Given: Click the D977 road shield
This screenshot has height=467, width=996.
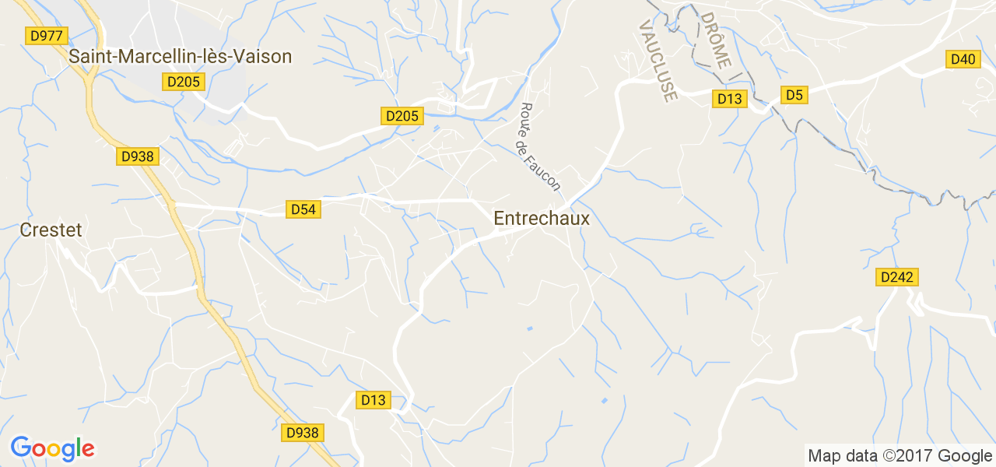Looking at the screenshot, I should (47, 36).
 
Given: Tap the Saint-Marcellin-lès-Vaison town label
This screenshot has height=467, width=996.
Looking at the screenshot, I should (180, 56).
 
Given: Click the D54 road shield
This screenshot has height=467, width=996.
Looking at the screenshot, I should (303, 209).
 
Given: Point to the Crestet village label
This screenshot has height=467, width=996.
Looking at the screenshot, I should (51, 230).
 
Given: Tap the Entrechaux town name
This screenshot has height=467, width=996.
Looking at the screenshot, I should (542, 219).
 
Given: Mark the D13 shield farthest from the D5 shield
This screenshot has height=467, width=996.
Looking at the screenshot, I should (373, 400).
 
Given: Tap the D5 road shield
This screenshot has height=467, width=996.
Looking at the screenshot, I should (794, 95).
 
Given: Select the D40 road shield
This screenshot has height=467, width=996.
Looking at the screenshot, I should (963, 59).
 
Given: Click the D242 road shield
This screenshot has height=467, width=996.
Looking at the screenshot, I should (897, 277).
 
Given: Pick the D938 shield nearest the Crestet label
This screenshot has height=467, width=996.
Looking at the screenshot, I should (138, 156).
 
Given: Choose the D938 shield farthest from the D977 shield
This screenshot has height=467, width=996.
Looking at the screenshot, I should (303, 433).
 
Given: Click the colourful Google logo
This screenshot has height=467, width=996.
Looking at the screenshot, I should (52, 448).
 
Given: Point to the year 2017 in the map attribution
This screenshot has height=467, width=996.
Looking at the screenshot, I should (910, 456).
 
